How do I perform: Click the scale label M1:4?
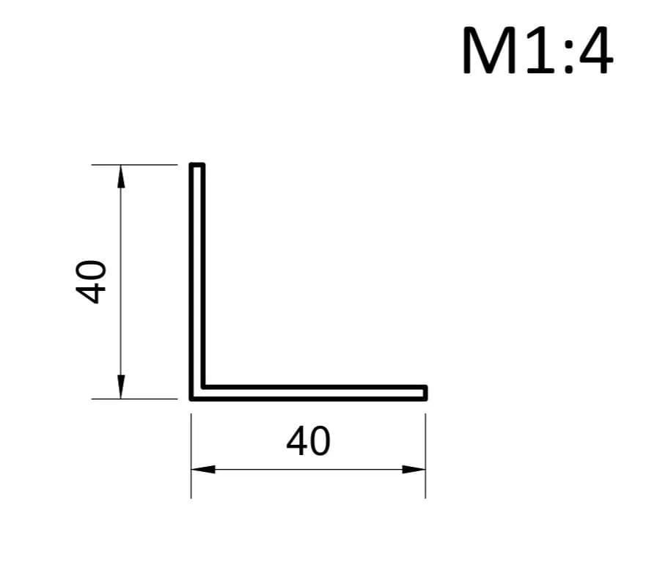(x=537, y=51)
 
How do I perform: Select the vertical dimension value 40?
(x=91, y=282)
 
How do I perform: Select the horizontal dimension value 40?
(x=308, y=441)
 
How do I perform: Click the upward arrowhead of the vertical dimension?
(x=121, y=177)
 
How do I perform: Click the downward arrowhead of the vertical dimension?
(x=121, y=387)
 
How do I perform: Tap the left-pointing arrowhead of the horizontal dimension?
(x=203, y=469)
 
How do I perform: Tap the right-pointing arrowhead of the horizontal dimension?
(x=414, y=469)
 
